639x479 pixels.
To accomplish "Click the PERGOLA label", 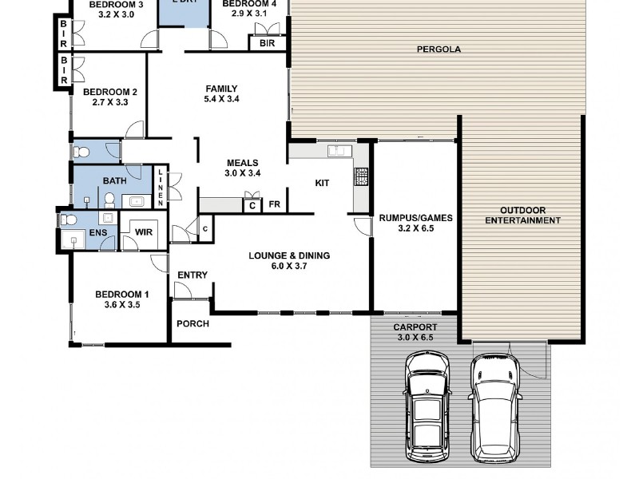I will (439, 49).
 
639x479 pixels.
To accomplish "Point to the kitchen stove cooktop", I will (361, 176).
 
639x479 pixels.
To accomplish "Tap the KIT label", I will (322, 184).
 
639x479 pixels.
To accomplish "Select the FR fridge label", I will (274, 204).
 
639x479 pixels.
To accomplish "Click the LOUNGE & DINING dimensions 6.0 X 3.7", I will (289, 267).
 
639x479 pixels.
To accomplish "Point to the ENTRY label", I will (192, 275).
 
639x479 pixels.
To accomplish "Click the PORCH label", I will (192, 323).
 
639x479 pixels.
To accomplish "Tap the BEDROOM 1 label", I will (121, 294).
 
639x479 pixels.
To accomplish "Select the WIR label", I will (144, 232).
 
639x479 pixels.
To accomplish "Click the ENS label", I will (97, 232).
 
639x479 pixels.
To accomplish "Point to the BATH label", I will (114, 181).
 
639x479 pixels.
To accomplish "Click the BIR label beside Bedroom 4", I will (267, 43).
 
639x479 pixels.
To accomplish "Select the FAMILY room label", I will (221, 89).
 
